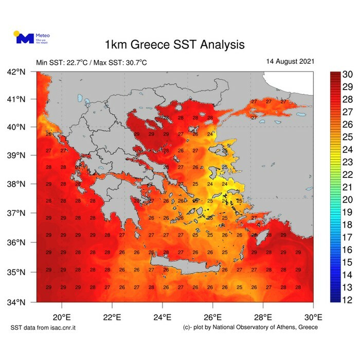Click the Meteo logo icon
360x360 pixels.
tap(23, 38)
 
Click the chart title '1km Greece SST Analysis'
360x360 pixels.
tap(174, 44)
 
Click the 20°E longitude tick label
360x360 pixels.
tap(62, 316)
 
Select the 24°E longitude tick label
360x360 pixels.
tap(163, 316)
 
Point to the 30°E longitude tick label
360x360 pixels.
tap(313, 316)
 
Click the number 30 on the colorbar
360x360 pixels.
tap(347, 74)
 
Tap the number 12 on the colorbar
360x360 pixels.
tap(347, 299)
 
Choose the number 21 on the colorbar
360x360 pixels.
tap(347, 187)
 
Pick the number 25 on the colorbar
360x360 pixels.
tap(347, 137)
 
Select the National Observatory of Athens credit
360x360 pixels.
tap(250, 328)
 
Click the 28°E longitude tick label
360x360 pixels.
tap(263, 316)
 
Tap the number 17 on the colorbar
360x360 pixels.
tap(347, 237)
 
